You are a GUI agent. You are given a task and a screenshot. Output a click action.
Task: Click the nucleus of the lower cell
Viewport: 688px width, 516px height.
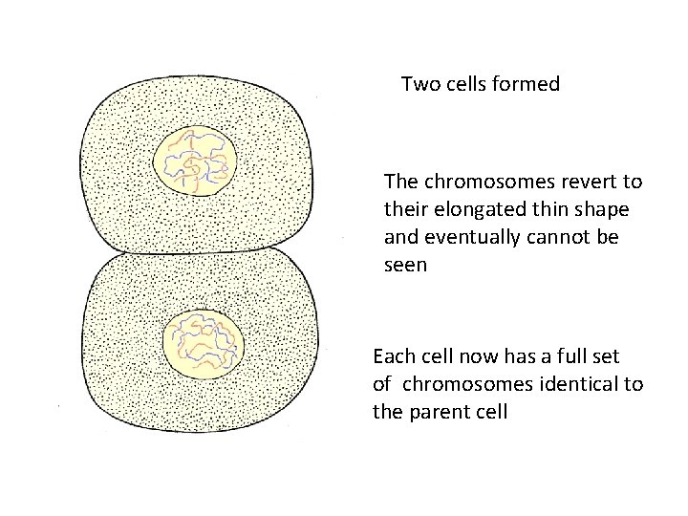click(x=203, y=344)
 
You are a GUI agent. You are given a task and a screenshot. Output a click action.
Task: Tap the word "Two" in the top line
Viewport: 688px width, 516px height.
click(x=419, y=84)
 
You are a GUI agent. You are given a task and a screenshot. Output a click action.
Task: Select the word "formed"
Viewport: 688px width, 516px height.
click(x=527, y=84)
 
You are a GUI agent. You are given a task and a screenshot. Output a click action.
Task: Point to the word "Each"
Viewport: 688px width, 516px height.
click(x=392, y=357)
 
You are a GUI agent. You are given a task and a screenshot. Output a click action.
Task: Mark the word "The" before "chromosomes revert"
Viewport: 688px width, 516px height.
click(x=399, y=181)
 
